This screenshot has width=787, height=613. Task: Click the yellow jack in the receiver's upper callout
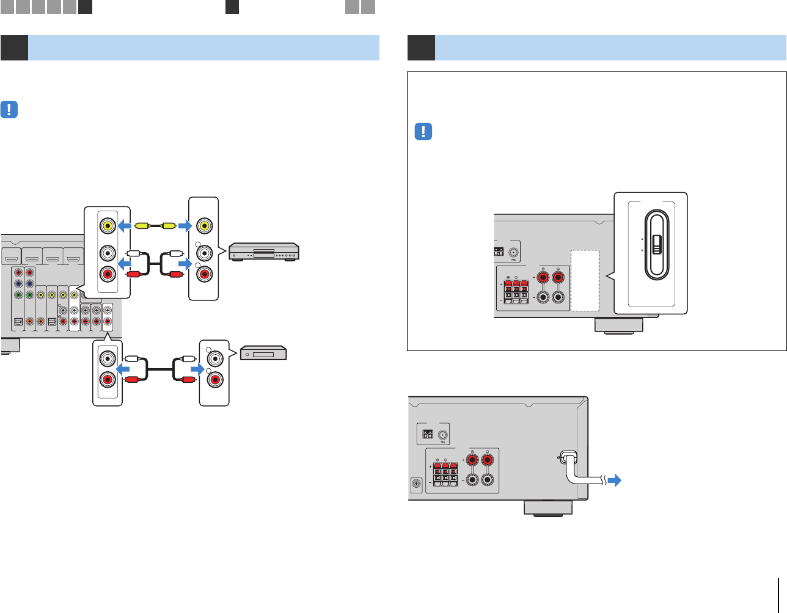pyautogui.click(x=108, y=225)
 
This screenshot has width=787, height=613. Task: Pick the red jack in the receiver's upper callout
pyautogui.click(x=108, y=274)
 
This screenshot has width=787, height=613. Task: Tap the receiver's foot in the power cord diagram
pyautogui.click(x=548, y=508)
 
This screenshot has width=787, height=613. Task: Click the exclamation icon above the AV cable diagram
pyautogui.click(x=10, y=110)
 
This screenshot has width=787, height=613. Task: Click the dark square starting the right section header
pyautogui.click(x=421, y=48)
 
